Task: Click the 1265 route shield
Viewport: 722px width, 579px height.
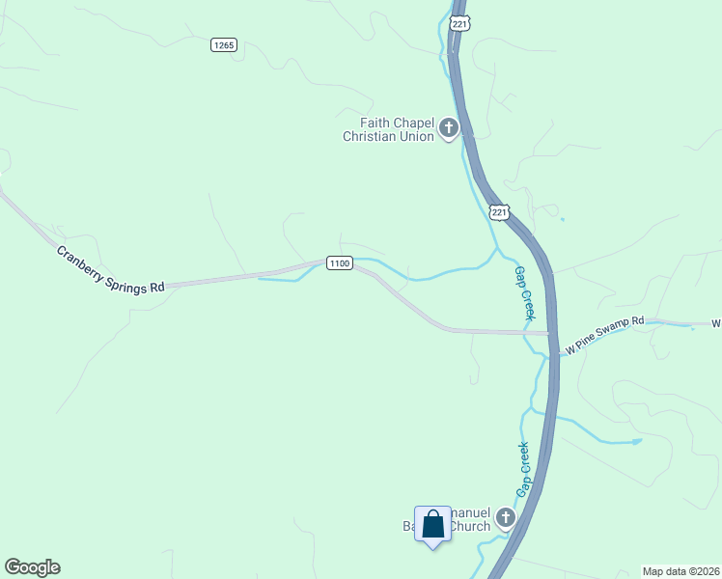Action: pyautogui.click(x=224, y=45)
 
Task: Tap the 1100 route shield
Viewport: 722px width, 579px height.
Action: pyautogui.click(x=339, y=263)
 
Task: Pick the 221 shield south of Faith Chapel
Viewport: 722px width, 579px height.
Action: pyautogui.click(x=498, y=211)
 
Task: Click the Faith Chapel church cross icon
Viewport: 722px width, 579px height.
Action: pyautogui.click(x=448, y=127)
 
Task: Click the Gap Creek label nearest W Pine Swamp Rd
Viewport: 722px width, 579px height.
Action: pyautogui.click(x=524, y=293)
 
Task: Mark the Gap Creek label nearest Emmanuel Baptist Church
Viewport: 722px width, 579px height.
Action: pyautogui.click(x=522, y=470)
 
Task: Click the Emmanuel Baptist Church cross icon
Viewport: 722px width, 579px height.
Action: pyautogui.click(x=505, y=520)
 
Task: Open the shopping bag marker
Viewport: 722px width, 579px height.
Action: pyautogui.click(x=432, y=524)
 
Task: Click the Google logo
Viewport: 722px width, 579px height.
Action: pyautogui.click(x=32, y=567)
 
